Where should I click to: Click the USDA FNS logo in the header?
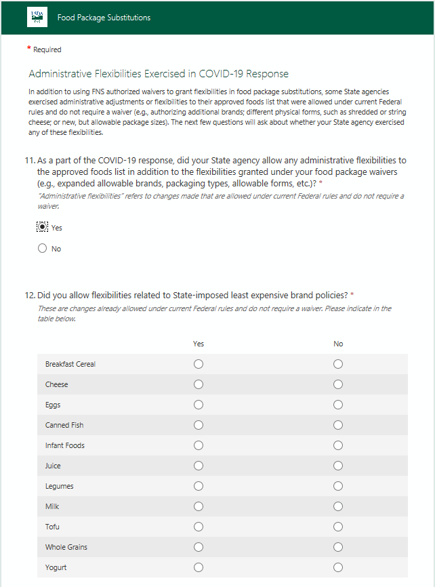(37, 17)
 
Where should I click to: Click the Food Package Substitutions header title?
(104, 18)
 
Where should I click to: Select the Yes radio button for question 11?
(43, 227)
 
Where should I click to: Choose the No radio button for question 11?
(43, 249)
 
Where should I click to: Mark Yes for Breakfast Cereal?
(199, 364)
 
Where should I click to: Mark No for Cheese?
(338, 384)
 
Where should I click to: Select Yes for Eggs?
(199, 405)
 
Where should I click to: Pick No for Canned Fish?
(338, 425)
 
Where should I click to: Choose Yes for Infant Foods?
(199, 445)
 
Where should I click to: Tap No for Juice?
(338, 466)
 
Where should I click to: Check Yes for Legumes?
(199, 486)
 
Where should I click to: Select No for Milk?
(338, 506)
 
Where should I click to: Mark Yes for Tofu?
(199, 527)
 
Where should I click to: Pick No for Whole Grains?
(338, 547)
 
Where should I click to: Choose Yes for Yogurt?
(199, 567)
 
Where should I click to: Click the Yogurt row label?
(56, 567)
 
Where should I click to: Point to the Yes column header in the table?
(199, 344)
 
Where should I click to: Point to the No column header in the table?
(338, 344)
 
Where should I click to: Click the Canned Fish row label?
(64, 425)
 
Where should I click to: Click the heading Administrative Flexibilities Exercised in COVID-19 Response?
(159, 74)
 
